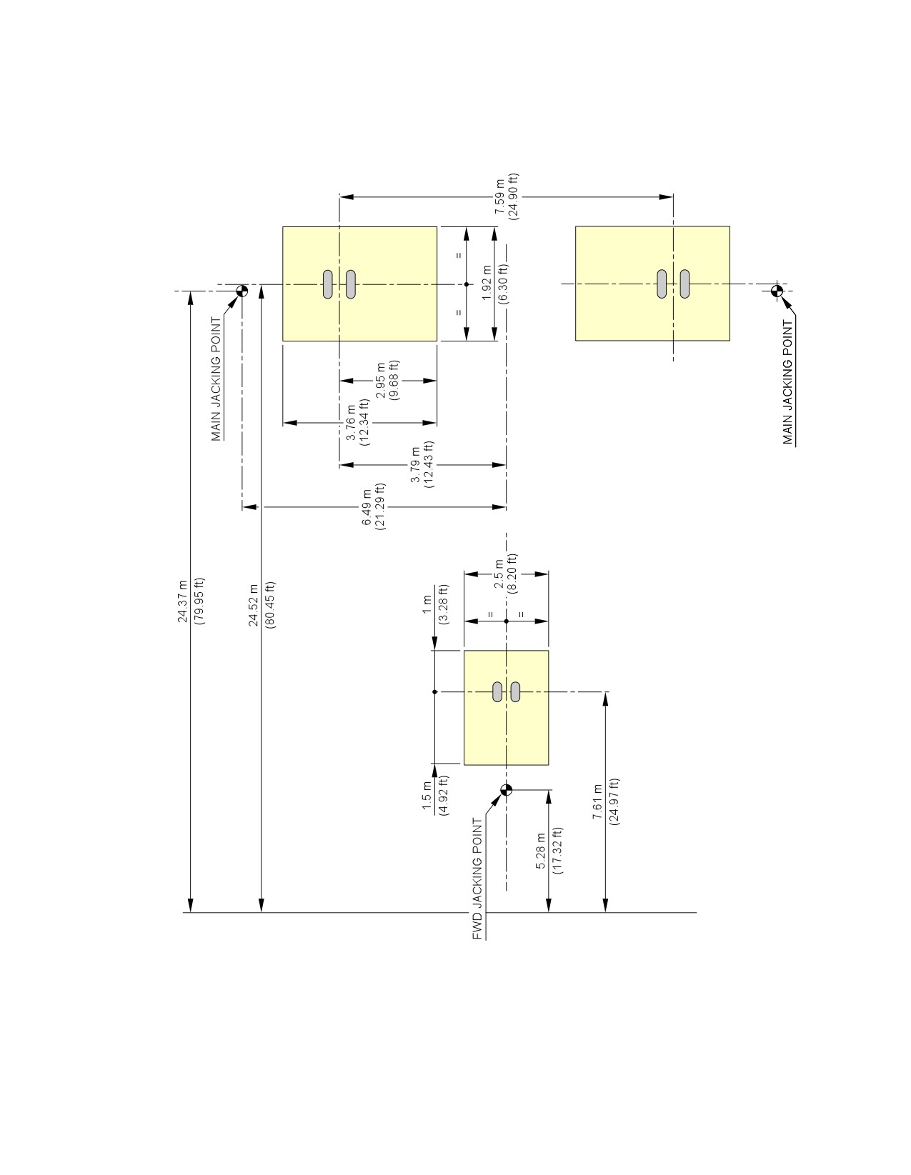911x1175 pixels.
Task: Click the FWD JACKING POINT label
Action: point(477,878)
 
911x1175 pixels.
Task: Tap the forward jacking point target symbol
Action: point(506,789)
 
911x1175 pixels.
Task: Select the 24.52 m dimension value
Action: point(254,604)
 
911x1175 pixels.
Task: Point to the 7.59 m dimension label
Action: point(499,196)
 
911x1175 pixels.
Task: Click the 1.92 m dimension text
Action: point(487,283)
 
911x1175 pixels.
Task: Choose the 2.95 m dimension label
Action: point(381,380)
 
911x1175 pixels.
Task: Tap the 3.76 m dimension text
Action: point(352,421)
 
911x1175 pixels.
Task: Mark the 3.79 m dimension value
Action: point(415,464)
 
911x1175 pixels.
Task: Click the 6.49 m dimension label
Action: point(367,506)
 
